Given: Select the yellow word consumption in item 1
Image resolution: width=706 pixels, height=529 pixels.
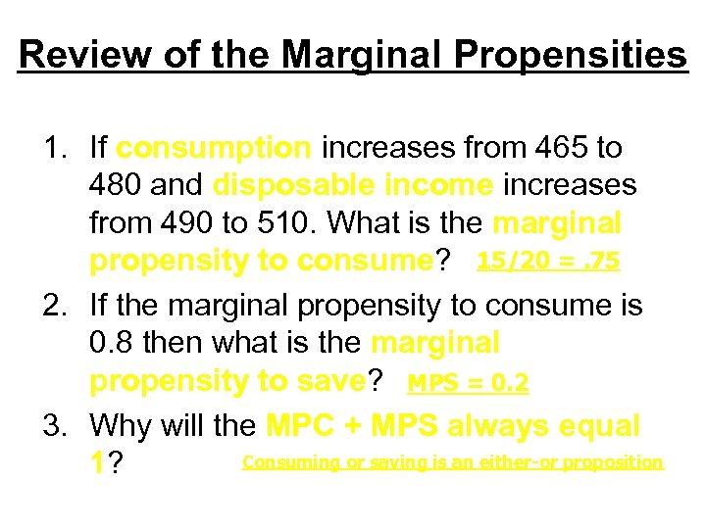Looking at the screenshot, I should [214, 148].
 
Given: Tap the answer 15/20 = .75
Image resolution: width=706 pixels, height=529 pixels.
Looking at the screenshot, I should [548, 262].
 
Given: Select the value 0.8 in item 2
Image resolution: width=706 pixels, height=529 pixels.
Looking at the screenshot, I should [114, 344].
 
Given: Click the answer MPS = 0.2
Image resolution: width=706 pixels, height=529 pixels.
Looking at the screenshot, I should [468, 382].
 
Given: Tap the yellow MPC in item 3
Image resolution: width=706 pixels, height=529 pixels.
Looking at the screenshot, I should [300, 426].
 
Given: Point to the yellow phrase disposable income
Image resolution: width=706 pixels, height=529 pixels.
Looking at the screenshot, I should [353, 185].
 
